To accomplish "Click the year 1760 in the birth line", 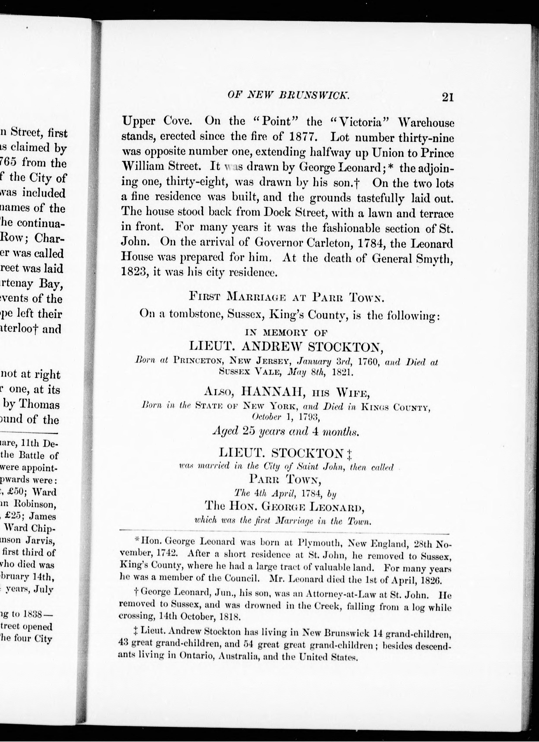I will point(369,362).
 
